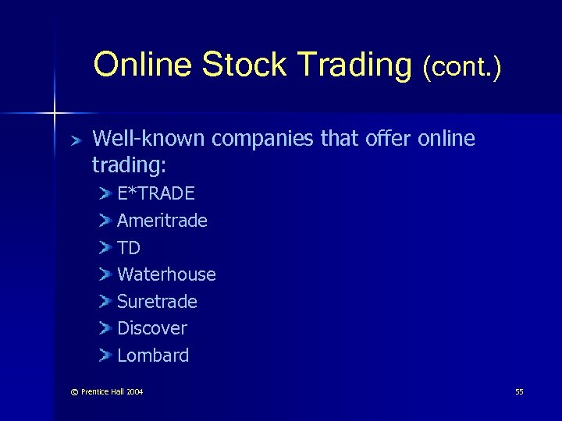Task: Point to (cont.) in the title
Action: (x=461, y=67)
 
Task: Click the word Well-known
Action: (x=149, y=139)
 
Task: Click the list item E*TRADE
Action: (x=156, y=193)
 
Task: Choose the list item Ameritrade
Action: (x=162, y=221)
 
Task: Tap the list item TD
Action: (x=129, y=248)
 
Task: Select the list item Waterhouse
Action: (x=166, y=274)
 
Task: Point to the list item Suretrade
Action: (x=157, y=302)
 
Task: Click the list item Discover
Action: (x=152, y=328)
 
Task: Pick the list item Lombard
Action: (x=153, y=356)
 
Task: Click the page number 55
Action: (x=519, y=391)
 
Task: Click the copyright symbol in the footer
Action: (x=73, y=391)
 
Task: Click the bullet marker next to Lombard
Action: (x=105, y=356)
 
